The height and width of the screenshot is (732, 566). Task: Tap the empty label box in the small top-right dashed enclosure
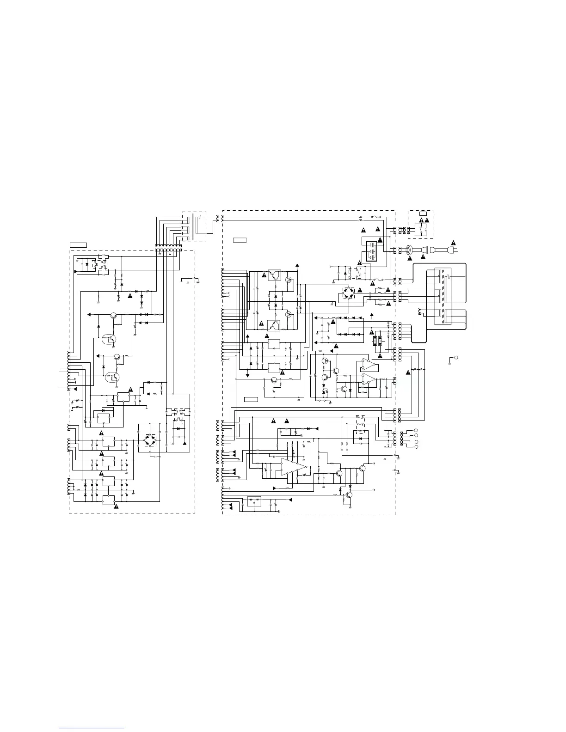[x=424, y=213]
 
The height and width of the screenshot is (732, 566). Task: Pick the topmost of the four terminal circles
[x=416, y=430]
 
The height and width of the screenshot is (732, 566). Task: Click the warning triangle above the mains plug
[x=454, y=242]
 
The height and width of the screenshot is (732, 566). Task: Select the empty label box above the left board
[x=78, y=244]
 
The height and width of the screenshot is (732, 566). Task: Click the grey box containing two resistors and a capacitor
[x=254, y=501]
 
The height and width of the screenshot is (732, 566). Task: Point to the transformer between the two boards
[x=196, y=227]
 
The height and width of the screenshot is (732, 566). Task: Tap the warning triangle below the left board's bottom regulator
[x=116, y=507]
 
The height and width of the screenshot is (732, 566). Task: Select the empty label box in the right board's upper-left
[x=240, y=240]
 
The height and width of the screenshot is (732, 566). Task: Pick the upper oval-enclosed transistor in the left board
[x=110, y=339]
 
